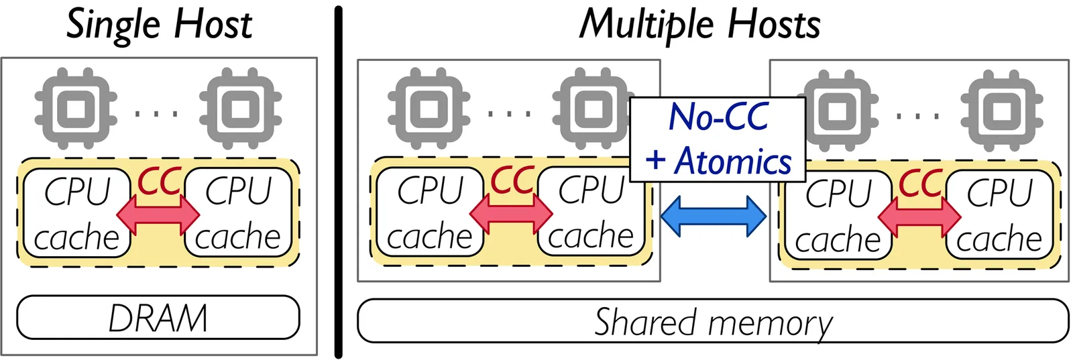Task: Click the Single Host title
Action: point(159,25)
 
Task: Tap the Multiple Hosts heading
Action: point(699,25)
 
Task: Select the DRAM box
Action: point(158,317)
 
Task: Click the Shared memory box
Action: point(712,321)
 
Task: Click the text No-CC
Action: point(718,117)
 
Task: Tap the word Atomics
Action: point(733,162)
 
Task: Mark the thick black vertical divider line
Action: point(338,181)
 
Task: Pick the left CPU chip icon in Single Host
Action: point(76,107)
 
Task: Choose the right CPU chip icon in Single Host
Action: point(240,107)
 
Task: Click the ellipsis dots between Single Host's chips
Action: point(157,113)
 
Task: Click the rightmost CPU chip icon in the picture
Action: point(1001,110)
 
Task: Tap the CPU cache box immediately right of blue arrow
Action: point(838,216)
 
